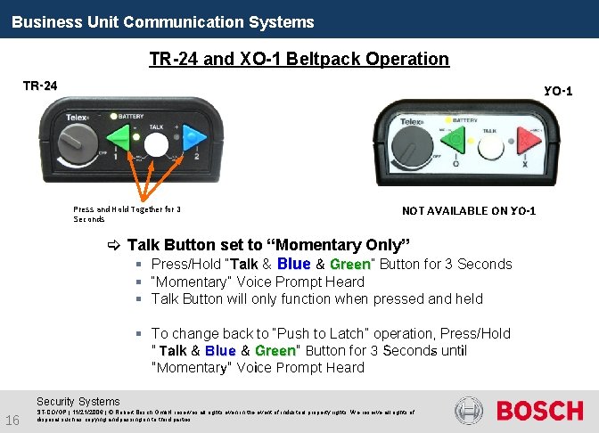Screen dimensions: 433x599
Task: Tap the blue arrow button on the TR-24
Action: pyautogui.click(x=193, y=139)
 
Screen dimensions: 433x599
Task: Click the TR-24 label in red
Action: pyautogui.click(x=40, y=86)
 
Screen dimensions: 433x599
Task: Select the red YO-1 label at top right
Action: pyautogui.click(x=558, y=91)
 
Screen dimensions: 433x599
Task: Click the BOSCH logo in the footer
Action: pyautogui.click(x=539, y=411)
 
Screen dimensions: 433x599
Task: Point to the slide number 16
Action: pyautogui.click(x=12, y=421)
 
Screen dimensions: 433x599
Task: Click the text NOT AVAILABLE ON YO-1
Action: pyautogui.click(x=469, y=211)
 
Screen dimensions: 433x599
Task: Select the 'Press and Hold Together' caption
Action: pyautogui.click(x=127, y=214)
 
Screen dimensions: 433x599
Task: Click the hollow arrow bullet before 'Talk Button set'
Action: pyautogui.click(x=113, y=245)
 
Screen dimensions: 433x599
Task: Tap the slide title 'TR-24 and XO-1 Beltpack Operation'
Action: pyautogui.click(x=299, y=60)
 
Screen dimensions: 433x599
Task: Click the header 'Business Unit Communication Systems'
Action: pyautogui.click(x=163, y=21)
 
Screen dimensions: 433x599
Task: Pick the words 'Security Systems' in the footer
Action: pyautogui.click(x=78, y=402)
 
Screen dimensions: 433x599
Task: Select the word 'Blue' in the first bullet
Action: pyautogui.click(x=294, y=264)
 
